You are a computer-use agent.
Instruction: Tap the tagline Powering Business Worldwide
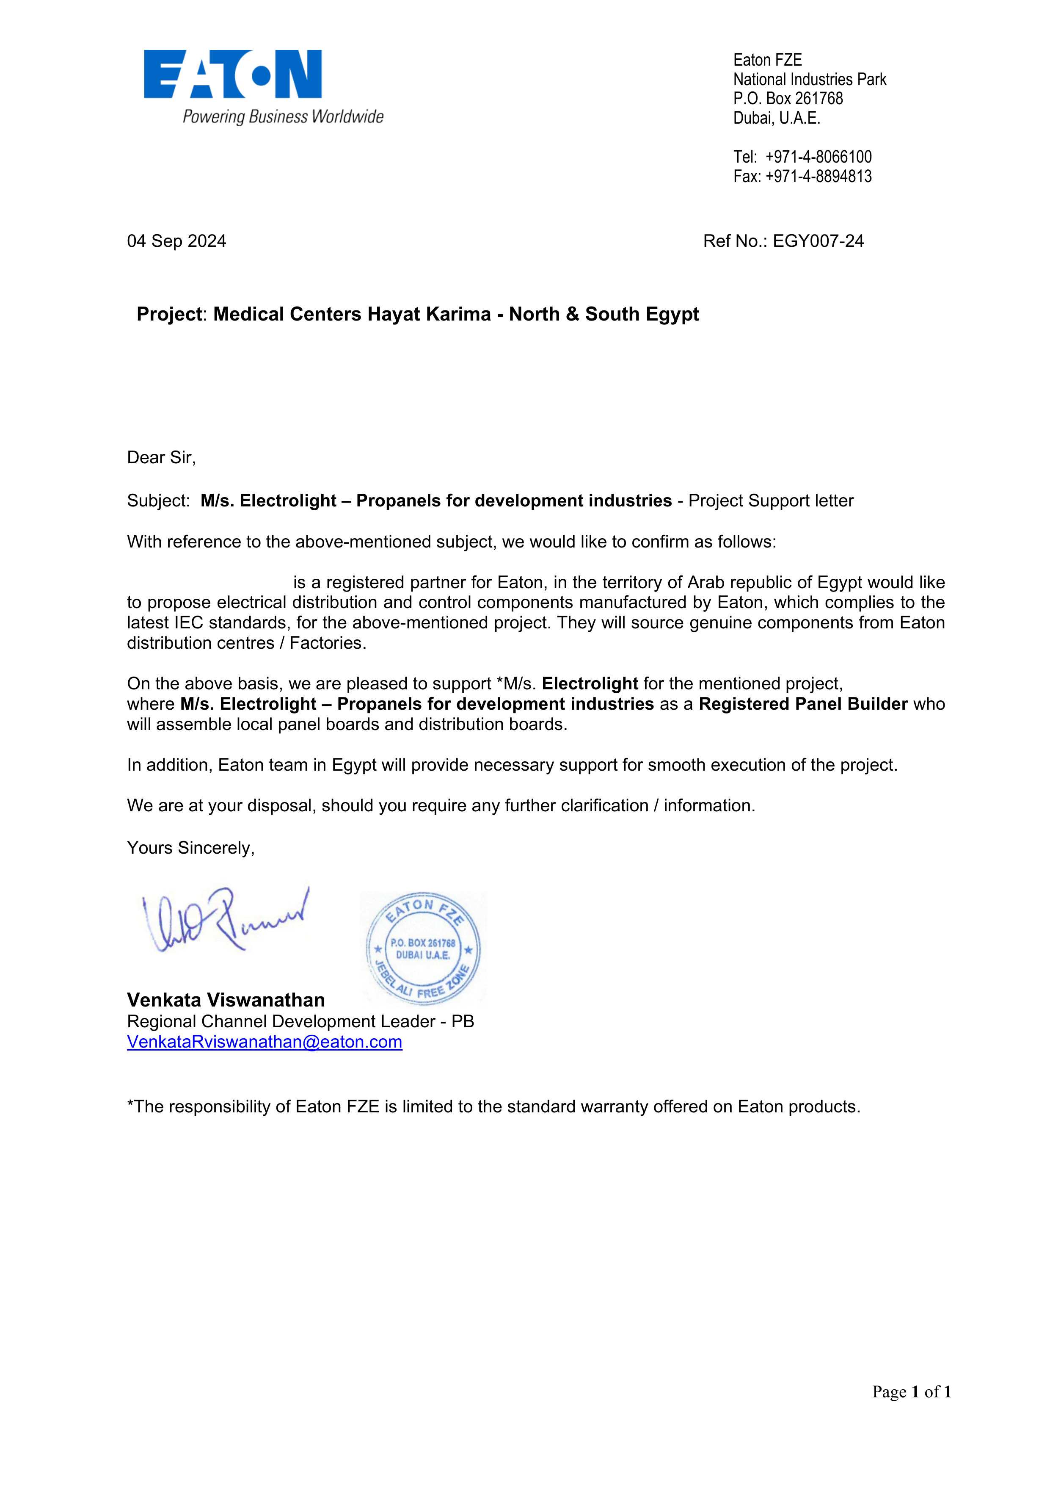tap(283, 117)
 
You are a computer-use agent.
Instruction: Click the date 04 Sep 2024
tap(176, 241)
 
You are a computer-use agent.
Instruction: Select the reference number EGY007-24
tap(818, 241)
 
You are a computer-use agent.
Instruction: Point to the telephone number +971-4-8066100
tap(818, 157)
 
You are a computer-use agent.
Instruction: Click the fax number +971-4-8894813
tap(818, 177)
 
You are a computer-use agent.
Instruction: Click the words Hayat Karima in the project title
tap(429, 314)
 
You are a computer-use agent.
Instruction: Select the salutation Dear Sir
tap(161, 458)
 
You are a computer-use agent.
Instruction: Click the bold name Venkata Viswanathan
tap(226, 1000)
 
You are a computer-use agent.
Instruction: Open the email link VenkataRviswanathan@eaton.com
tap(265, 1042)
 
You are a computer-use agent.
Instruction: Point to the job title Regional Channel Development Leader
tap(281, 1021)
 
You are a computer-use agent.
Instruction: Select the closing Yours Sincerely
tap(191, 848)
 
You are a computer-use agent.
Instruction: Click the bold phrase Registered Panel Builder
tap(803, 704)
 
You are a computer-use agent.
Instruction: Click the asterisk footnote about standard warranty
tap(493, 1106)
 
